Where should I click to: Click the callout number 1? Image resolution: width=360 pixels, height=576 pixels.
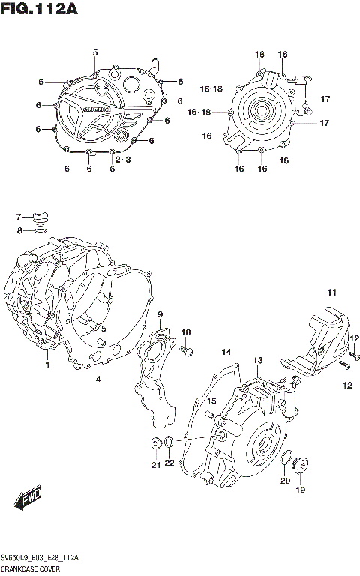(x=46, y=365)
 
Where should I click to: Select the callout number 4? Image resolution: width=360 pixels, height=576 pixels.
(x=97, y=379)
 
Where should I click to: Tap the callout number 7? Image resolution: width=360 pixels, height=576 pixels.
(x=20, y=217)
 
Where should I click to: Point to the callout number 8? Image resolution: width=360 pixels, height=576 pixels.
(x=20, y=229)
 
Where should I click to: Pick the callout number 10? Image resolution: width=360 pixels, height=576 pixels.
(x=185, y=332)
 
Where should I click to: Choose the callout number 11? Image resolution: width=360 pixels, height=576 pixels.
(x=331, y=292)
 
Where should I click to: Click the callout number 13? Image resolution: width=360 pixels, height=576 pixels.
(x=257, y=361)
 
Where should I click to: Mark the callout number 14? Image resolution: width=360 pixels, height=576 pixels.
(x=226, y=351)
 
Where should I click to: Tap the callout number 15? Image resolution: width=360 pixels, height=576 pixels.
(x=212, y=400)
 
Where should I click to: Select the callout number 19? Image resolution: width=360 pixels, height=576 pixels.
(x=300, y=490)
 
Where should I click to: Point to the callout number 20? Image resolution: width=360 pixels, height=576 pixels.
(x=285, y=481)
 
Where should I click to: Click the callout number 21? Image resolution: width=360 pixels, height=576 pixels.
(x=155, y=466)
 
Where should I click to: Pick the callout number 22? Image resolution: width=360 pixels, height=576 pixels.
(x=169, y=463)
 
